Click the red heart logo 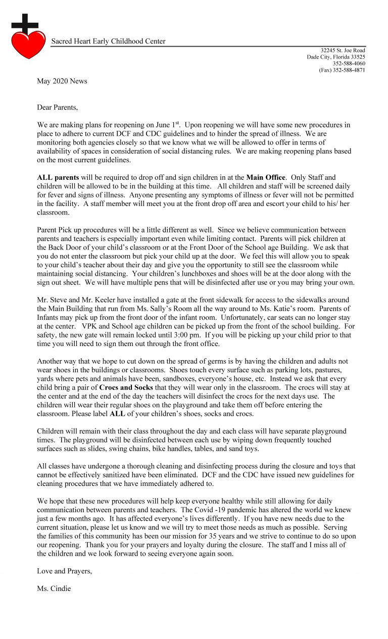pyautogui.click(x=28, y=44)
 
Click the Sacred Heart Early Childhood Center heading pyautogui.click(x=108, y=41)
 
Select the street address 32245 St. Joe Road pyautogui.click(x=343, y=51)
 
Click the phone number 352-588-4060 pyautogui.click(x=349, y=64)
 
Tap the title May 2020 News pyautogui.click(x=62, y=81)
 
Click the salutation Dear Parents pyautogui.click(x=58, y=108)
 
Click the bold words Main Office pyautogui.click(x=265, y=177)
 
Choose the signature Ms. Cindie pyautogui.click(x=54, y=589)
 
